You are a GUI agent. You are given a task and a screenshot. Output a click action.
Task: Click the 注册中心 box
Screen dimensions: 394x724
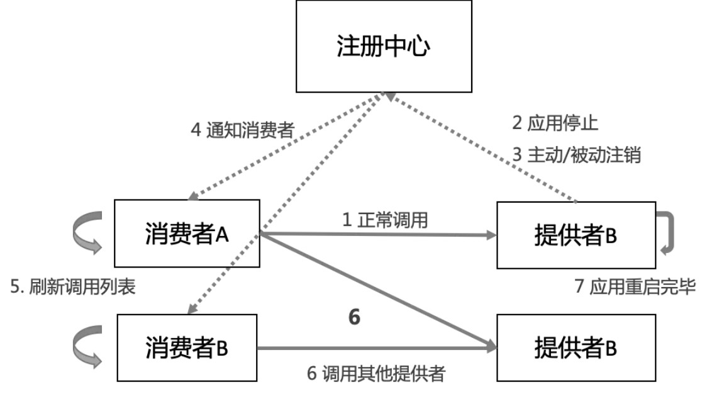tap(384, 47)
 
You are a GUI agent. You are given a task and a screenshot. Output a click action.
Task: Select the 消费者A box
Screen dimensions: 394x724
tap(187, 234)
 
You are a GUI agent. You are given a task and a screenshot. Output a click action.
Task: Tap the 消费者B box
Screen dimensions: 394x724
tap(187, 348)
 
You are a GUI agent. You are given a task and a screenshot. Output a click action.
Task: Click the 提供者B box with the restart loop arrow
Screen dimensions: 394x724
tap(576, 235)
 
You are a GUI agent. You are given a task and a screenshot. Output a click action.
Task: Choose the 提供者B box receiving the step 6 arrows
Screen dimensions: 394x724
tap(576, 348)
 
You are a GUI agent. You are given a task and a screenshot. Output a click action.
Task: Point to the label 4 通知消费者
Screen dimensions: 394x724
tap(242, 130)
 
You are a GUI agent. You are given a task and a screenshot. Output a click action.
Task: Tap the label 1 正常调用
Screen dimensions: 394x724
tap(385, 220)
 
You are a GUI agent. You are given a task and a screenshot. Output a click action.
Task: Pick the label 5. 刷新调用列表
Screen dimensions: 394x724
tap(73, 287)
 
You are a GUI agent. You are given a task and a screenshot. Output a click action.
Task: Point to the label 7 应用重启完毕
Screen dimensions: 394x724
tap(635, 287)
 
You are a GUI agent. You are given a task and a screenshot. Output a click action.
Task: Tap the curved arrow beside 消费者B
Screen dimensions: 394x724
tap(86, 347)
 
